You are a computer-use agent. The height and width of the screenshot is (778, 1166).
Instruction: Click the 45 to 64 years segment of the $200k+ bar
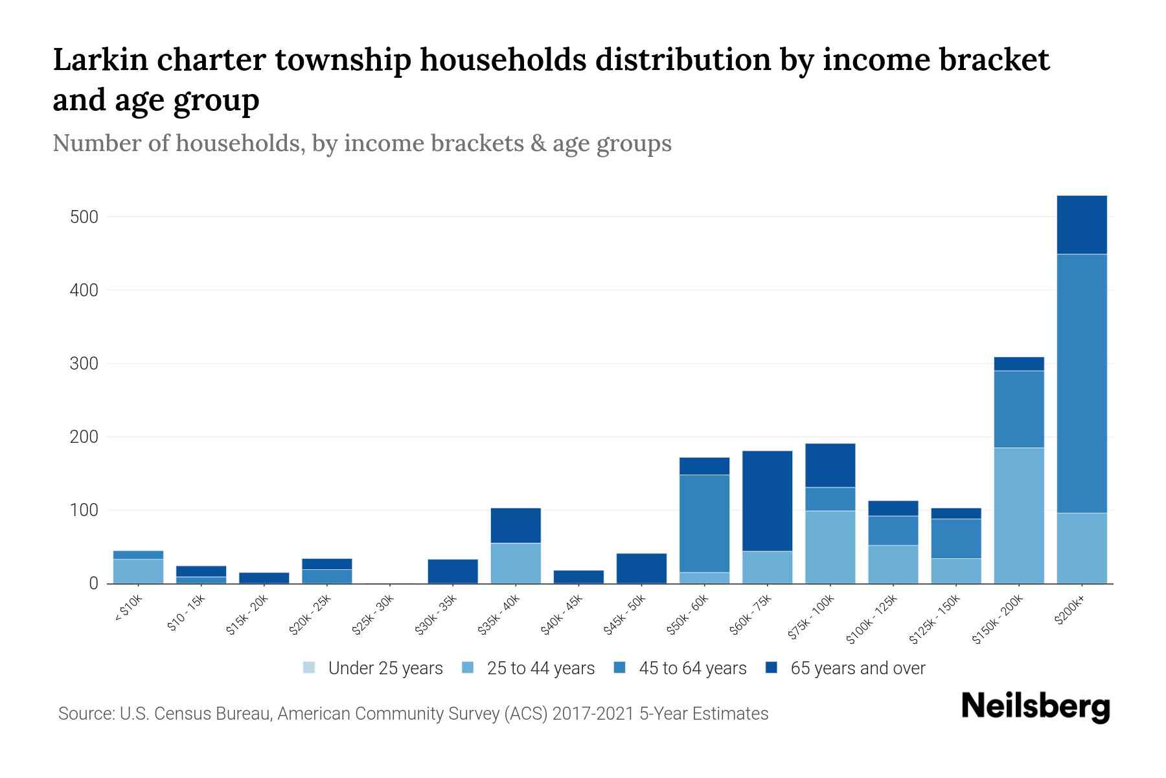click(1081, 383)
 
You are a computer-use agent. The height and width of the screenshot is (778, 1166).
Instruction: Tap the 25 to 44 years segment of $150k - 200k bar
click(1018, 515)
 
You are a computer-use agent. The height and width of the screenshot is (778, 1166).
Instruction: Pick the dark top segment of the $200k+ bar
click(1081, 224)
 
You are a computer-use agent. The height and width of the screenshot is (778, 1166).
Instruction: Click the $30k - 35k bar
click(453, 571)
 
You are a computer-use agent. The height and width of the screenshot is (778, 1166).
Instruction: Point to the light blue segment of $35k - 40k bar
click(516, 563)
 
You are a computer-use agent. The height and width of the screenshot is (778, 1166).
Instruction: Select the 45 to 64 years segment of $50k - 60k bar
click(704, 523)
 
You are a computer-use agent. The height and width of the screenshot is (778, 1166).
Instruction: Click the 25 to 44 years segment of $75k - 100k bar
click(830, 547)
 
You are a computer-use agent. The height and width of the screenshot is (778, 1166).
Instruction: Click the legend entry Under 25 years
click(385, 668)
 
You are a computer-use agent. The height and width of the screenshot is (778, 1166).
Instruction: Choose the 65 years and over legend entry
click(857, 668)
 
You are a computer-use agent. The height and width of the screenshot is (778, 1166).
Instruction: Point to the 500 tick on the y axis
click(84, 217)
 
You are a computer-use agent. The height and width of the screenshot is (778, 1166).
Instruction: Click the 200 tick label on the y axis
click(84, 437)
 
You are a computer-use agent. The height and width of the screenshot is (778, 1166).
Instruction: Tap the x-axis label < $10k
click(128, 609)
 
